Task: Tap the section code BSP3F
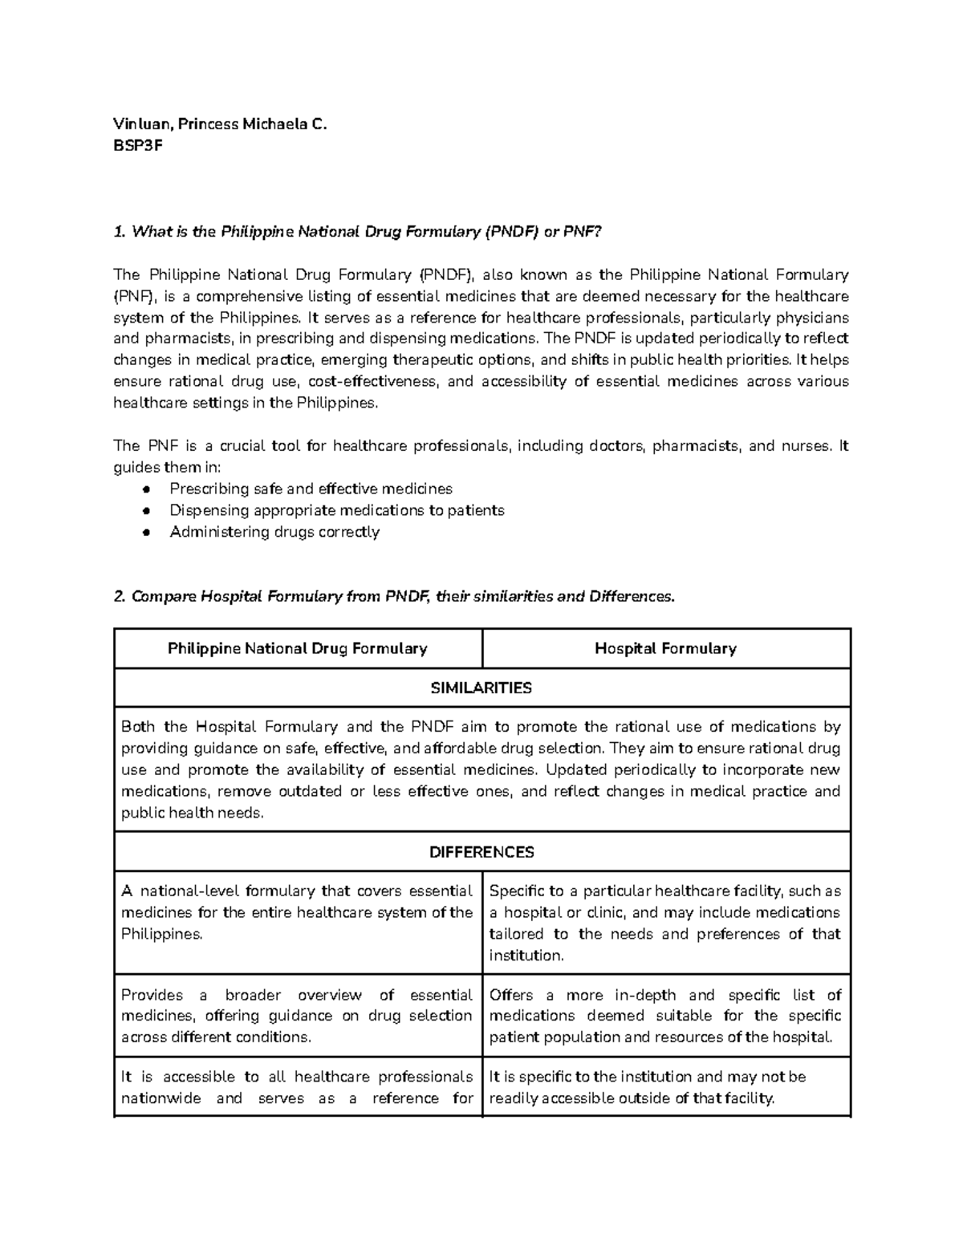click(138, 146)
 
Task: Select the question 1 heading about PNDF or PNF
click(357, 232)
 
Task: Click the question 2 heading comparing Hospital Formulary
click(394, 597)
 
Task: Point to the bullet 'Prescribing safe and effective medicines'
click(311, 489)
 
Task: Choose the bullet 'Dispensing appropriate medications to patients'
click(336, 510)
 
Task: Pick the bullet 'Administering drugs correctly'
click(274, 532)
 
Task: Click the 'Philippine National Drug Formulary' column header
click(297, 648)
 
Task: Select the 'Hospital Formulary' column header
click(665, 648)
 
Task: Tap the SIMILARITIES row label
click(481, 688)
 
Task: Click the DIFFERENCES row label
click(481, 852)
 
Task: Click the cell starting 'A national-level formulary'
click(297, 913)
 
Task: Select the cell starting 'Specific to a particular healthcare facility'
click(665, 923)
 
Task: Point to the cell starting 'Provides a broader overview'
click(297, 1016)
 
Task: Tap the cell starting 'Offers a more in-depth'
click(665, 1016)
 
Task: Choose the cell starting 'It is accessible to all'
click(297, 1087)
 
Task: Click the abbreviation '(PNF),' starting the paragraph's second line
click(137, 297)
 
